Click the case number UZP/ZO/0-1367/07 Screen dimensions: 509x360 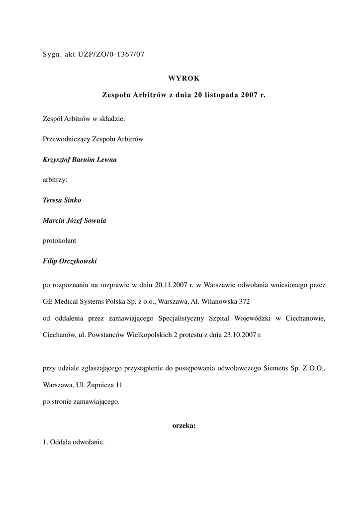point(111,55)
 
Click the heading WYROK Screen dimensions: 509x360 point(183,78)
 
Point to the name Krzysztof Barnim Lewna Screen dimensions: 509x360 point(80,160)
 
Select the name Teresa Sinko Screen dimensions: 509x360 point(62,200)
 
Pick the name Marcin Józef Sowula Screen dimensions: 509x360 point(74,221)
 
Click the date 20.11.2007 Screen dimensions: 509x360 point(171,286)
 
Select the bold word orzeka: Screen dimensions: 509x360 point(183,425)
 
